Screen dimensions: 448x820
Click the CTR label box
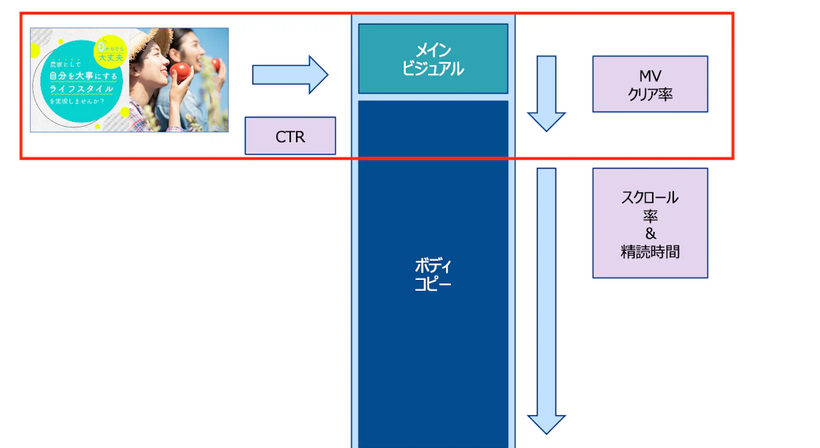click(x=290, y=136)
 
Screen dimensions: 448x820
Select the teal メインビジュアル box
click(x=433, y=58)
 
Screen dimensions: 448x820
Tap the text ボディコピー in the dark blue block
click(x=433, y=274)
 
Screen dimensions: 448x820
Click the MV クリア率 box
click(x=650, y=84)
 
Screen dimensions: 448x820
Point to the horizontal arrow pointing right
click(x=290, y=75)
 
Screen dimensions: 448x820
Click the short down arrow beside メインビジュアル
click(x=546, y=92)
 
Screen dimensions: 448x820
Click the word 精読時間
click(x=650, y=252)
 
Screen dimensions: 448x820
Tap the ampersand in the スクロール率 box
click(x=650, y=233)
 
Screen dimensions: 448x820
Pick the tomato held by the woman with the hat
click(x=181, y=72)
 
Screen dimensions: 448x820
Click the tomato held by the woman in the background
click(x=216, y=64)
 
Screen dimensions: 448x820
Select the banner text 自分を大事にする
click(x=83, y=75)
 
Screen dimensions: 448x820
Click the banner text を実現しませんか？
click(x=79, y=101)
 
